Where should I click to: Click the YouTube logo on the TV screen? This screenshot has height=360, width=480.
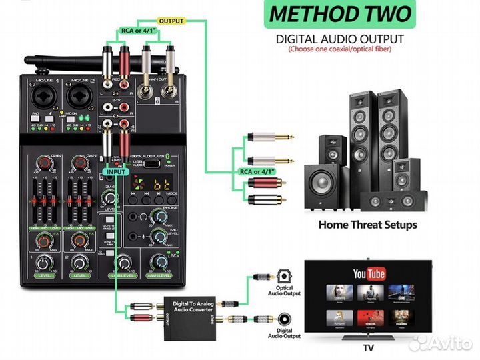click(x=369, y=273)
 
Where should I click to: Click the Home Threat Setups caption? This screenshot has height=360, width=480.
click(x=367, y=224)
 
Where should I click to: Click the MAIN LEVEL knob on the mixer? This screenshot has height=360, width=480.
click(x=159, y=261)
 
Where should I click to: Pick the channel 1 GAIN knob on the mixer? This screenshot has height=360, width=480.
click(x=45, y=163)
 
